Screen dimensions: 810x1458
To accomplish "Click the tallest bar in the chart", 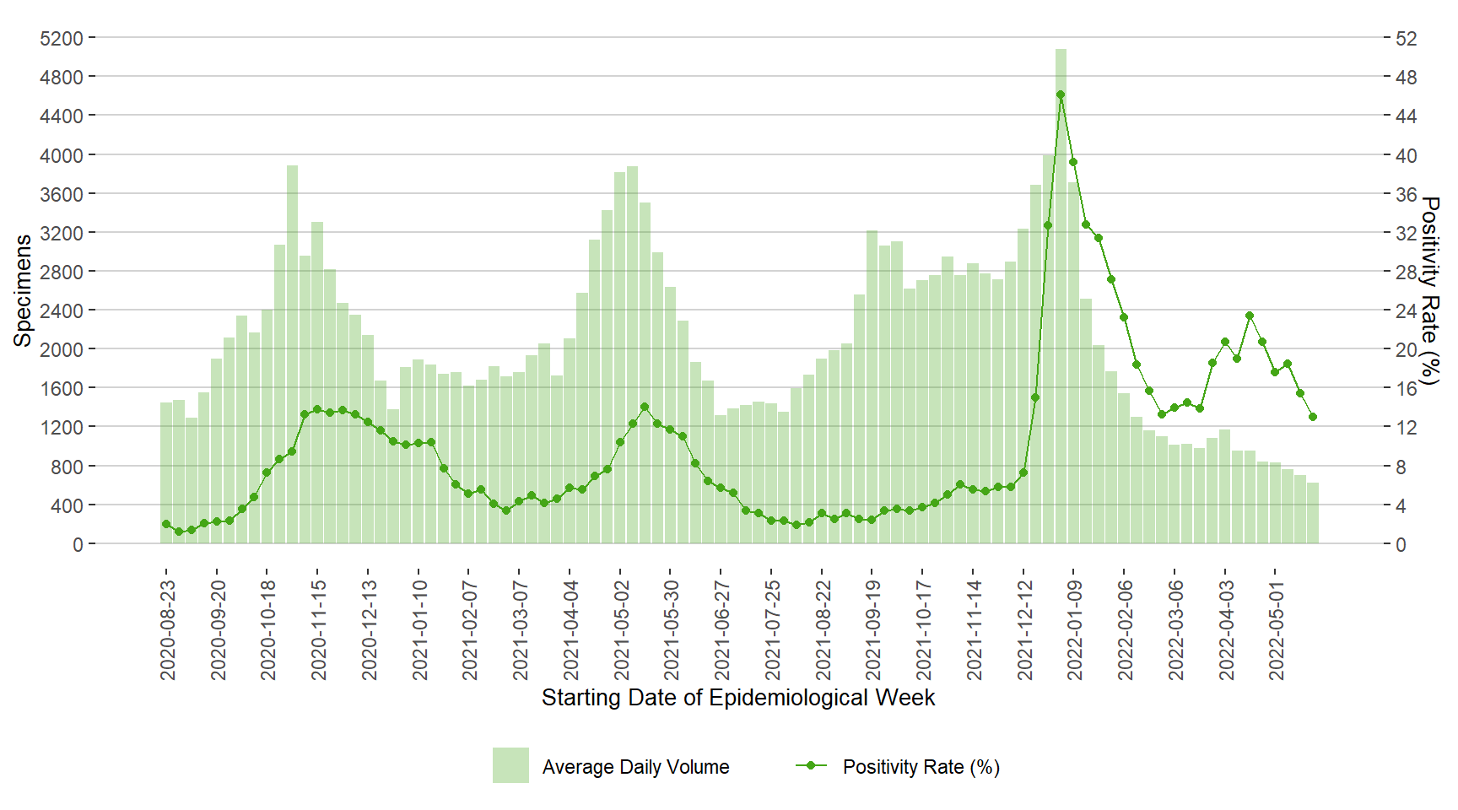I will coord(1061,295).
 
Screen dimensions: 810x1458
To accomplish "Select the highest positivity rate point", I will coord(1061,94).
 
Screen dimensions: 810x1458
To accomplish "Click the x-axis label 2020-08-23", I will coord(168,629).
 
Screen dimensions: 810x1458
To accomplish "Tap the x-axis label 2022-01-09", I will coord(1074,629).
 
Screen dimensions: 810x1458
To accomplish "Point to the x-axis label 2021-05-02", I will coord(622,629).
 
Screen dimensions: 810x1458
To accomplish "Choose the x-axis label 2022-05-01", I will coord(1277,629).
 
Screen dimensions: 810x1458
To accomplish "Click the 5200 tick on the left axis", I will coord(62,38).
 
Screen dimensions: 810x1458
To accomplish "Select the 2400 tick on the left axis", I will coord(62,310).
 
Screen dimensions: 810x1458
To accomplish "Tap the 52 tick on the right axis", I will coord(1407,38).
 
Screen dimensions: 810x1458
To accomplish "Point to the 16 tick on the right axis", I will coord(1407,388).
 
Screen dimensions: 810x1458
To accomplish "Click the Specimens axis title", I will coord(23,290).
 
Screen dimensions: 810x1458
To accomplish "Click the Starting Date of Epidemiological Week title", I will coord(738,698).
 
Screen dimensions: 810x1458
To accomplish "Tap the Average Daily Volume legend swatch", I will coord(510,765).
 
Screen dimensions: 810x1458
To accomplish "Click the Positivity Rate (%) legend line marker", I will coord(811,765).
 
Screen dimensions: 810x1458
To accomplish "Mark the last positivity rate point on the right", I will coord(1313,417).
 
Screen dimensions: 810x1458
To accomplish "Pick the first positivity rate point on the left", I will coord(166,524).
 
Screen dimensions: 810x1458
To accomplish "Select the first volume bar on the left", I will coord(166,472).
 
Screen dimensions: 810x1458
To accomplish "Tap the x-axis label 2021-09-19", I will coord(873,629).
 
